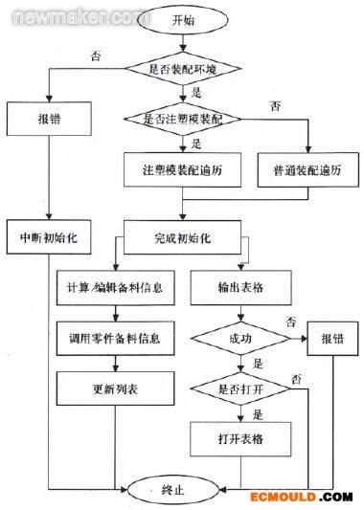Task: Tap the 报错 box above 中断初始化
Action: pyautogui.click(x=49, y=122)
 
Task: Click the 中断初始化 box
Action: pyautogui.click(x=49, y=236)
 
